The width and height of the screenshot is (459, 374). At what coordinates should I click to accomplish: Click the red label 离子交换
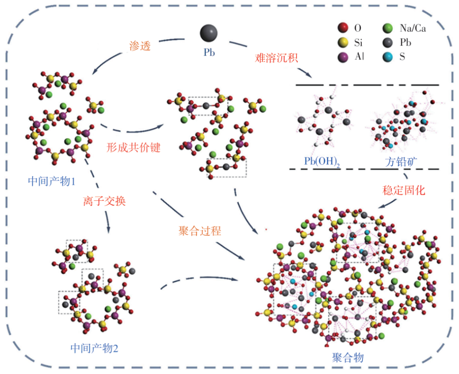tap(105, 201)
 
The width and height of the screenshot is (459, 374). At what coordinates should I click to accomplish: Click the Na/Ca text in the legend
tap(412, 28)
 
